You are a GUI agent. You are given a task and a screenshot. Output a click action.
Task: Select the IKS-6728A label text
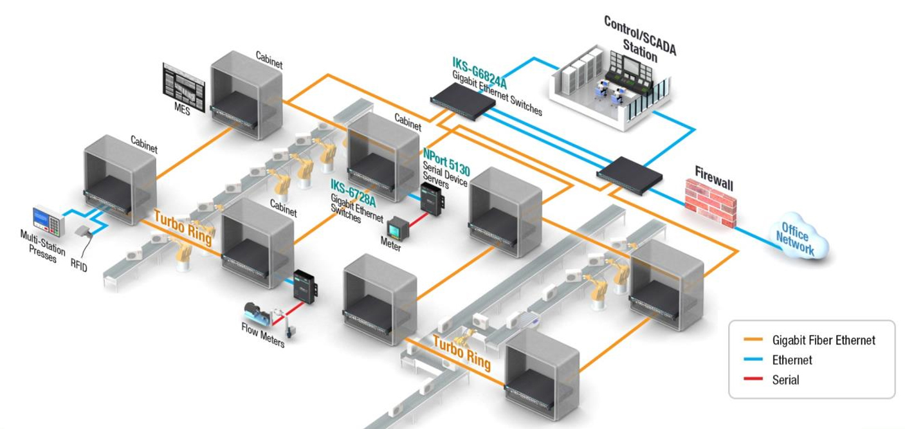[353, 187]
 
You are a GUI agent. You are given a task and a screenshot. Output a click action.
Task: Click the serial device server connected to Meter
[429, 197]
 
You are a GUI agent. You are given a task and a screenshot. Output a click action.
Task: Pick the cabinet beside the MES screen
[247, 94]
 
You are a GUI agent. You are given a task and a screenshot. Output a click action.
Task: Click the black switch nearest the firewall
[630, 172]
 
